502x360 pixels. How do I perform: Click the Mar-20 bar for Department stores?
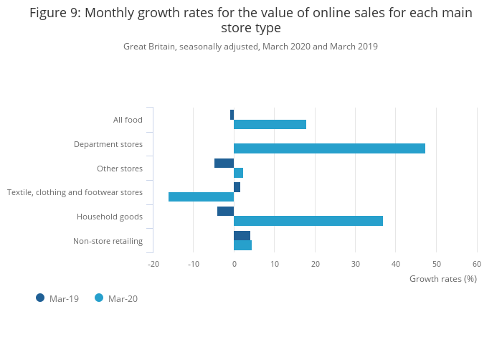click(x=329, y=148)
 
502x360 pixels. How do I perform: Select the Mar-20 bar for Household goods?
click(x=308, y=221)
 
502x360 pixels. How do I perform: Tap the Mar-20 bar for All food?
click(x=270, y=125)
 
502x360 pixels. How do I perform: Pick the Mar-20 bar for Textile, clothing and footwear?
click(x=201, y=196)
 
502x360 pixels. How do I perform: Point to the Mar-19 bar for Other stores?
click(x=224, y=163)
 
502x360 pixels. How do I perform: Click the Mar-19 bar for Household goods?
click(x=225, y=211)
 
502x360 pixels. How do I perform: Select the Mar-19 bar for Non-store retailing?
click(x=242, y=235)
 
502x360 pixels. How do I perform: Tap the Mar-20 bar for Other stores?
click(x=238, y=173)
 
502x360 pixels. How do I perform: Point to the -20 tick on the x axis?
click(x=153, y=264)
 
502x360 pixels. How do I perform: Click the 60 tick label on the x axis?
click(x=477, y=264)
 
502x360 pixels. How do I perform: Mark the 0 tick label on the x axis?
click(x=234, y=264)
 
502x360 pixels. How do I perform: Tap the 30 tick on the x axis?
click(x=356, y=264)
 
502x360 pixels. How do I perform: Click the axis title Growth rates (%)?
click(x=442, y=278)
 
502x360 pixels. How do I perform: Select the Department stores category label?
click(x=108, y=144)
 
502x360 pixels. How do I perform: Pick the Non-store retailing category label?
click(x=108, y=241)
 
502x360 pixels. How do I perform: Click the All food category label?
click(x=128, y=120)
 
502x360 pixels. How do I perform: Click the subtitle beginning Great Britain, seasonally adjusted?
click(x=250, y=47)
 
